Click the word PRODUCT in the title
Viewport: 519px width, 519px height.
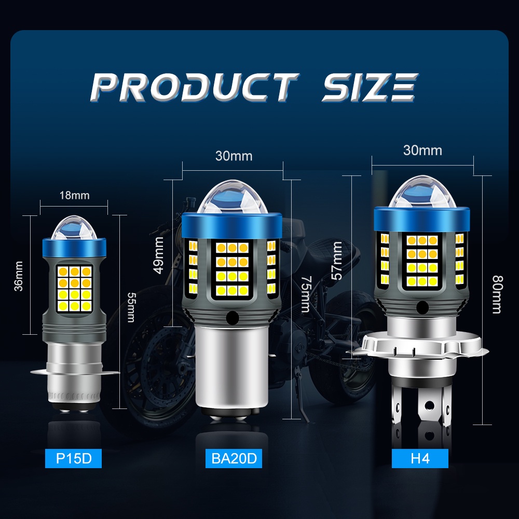pos(194,87)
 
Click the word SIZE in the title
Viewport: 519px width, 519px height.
pos(370,87)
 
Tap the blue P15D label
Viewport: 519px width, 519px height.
pos(73,458)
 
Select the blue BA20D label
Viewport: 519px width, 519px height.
pos(234,458)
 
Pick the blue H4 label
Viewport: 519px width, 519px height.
pos(420,458)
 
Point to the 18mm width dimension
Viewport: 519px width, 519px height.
pos(74,195)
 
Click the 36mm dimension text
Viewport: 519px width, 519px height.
pos(19,276)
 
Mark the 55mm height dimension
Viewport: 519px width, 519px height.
pos(131,307)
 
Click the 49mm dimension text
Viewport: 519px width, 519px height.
pos(159,255)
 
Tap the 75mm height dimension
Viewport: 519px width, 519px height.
pos(306,294)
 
